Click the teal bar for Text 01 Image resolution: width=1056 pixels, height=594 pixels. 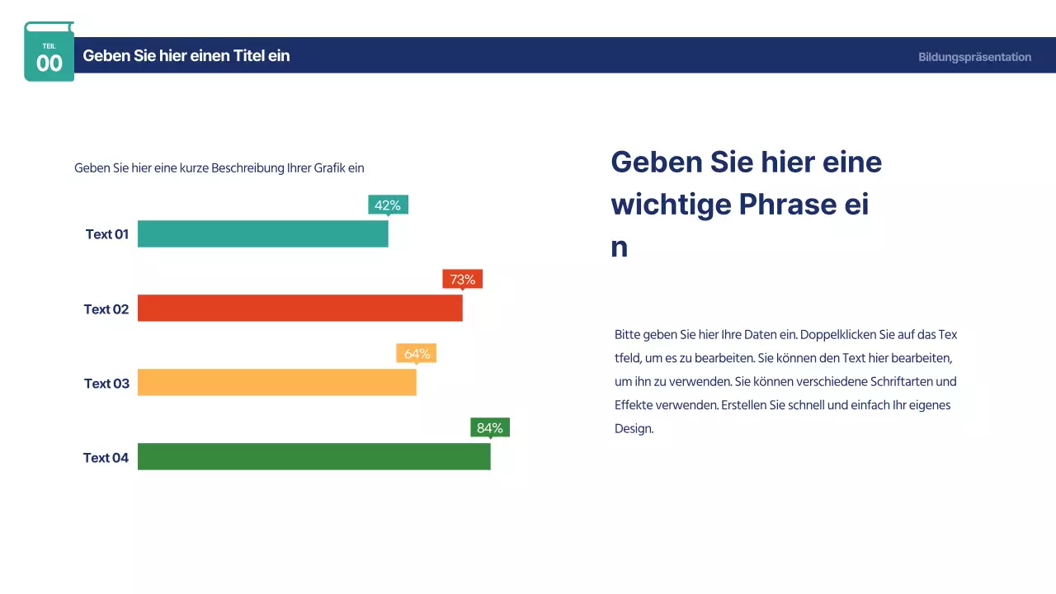click(262, 233)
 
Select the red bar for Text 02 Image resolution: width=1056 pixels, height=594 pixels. click(299, 308)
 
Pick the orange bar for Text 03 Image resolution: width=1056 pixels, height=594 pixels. click(276, 382)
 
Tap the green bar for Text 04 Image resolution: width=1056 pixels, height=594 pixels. click(313, 456)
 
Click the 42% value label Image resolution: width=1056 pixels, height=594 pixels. click(388, 205)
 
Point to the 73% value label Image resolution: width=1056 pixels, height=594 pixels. click(462, 279)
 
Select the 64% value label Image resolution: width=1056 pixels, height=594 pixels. click(417, 353)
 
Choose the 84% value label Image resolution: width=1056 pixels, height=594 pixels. click(490, 427)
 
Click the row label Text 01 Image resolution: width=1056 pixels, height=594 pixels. click(107, 234)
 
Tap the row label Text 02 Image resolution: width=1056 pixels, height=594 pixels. click(106, 309)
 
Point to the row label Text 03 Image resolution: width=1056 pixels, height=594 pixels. click(107, 384)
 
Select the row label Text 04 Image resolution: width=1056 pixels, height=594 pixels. click(106, 458)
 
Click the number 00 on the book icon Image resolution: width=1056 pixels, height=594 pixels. click(49, 64)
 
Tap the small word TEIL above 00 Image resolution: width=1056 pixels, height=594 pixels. click(49, 46)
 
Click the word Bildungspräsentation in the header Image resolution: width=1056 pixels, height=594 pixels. click(974, 57)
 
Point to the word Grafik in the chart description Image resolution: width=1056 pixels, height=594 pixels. click(329, 167)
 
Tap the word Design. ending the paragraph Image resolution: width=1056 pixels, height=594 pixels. click(634, 429)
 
